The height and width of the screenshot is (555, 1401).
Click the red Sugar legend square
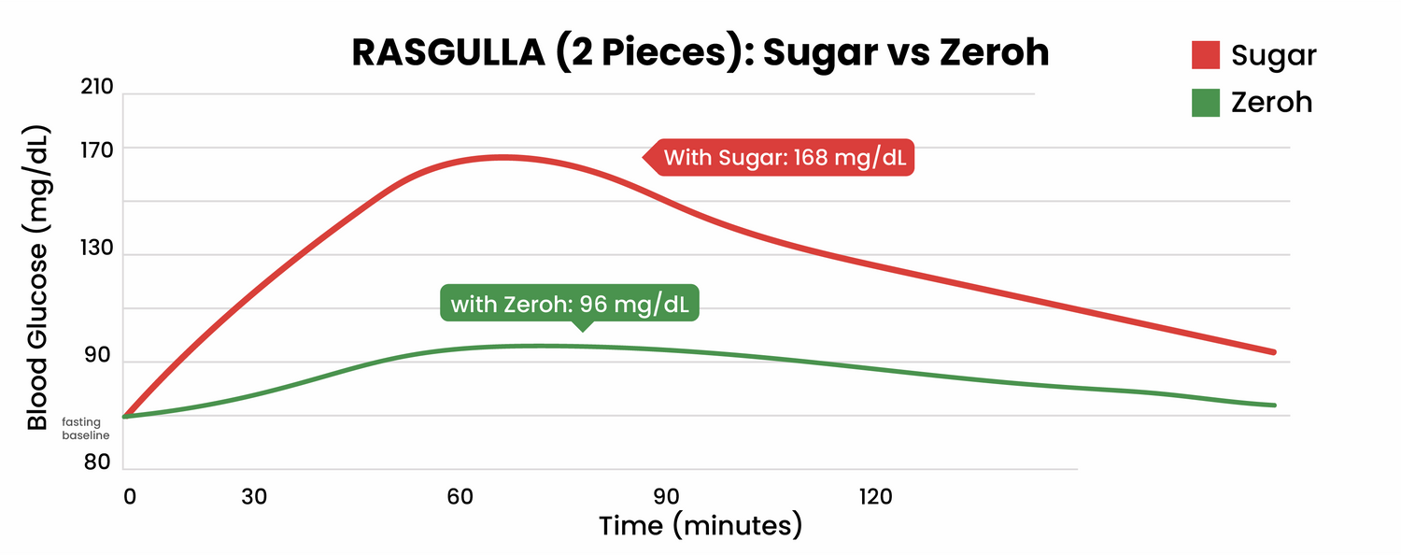[1206, 54]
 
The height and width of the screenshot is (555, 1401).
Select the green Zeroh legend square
[1206, 102]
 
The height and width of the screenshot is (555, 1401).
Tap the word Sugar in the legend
[1273, 55]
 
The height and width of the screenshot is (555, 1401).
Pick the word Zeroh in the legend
[1271, 102]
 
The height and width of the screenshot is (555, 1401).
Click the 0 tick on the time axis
[129, 497]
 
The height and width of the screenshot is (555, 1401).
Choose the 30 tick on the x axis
[254, 497]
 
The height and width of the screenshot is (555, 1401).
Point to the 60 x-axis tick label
[460, 497]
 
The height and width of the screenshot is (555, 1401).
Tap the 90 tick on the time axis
[665, 497]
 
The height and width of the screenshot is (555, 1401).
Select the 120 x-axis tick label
[875, 497]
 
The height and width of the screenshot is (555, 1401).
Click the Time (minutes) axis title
[700, 525]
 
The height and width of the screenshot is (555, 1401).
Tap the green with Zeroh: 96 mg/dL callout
[570, 304]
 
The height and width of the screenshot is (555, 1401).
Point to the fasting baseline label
[86, 429]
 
